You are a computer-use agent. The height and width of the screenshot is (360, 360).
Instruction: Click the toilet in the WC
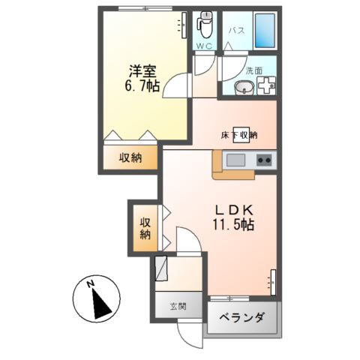pyautogui.click(x=204, y=25)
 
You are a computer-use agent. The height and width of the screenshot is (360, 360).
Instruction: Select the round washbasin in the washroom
pyautogui.click(x=244, y=89)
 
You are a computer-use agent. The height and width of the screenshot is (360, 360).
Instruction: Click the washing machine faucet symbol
pyautogui.click(x=265, y=86)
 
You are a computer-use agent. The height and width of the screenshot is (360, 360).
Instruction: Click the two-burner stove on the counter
pyautogui.click(x=263, y=159)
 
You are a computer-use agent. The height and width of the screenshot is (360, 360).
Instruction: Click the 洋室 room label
pyautogui.click(x=142, y=72)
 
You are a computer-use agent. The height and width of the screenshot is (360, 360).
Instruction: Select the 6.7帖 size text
pyautogui.click(x=142, y=87)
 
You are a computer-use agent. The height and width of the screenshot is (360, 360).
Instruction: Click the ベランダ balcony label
pyautogui.click(x=242, y=319)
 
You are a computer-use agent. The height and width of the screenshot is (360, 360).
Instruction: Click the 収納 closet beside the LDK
pyautogui.click(x=144, y=227)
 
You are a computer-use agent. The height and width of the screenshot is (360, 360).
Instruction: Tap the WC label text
pyautogui.click(x=204, y=46)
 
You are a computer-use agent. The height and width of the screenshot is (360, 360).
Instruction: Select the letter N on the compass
pyautogui.click(x=88, y=284)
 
